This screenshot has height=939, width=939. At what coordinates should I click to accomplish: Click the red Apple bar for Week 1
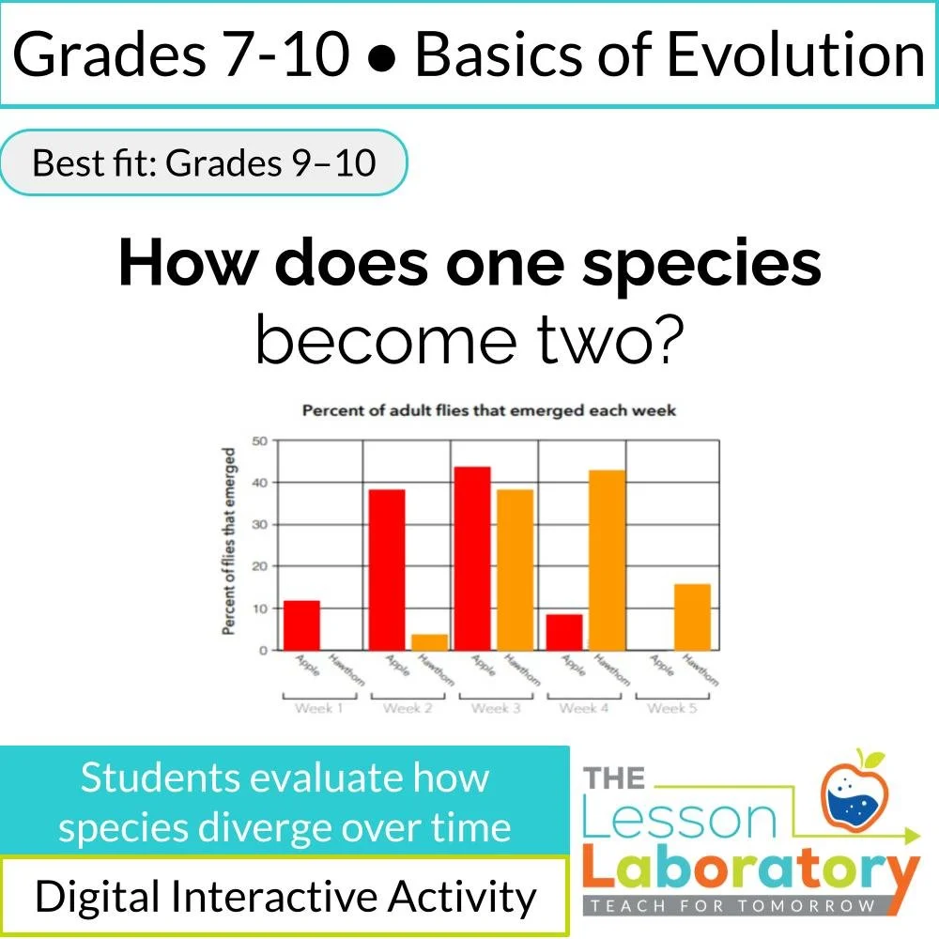(x=301, y=625)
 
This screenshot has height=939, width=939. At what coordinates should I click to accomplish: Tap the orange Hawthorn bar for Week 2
(x=429, y=642)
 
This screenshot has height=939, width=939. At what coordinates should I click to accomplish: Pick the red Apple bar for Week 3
(x=472, y=559)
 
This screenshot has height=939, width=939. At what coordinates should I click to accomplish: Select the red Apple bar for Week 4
(x=563, y=632)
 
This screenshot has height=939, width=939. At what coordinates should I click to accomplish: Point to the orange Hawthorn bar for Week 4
(x=606, y=560)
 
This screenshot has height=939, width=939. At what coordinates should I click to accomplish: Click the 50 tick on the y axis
(x=260, y=440)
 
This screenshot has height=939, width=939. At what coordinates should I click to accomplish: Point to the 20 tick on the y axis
(x=260, y=566)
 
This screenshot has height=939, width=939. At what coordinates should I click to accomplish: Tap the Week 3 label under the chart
(x=495, y=708)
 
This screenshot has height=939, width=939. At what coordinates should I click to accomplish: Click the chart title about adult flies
(x=488, y=411)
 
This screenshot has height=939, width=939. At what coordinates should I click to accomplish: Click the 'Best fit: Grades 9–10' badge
(x=204, y=162)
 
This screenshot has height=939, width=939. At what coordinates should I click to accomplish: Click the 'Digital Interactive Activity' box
(x=285, y=897)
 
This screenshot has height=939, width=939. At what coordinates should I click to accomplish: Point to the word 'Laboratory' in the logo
(x=747, y=872)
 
